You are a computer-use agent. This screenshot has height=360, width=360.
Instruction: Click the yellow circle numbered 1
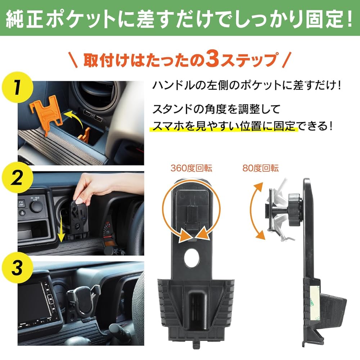click(17, 87)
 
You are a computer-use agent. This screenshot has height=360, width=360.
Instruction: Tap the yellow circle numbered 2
click(17, 177)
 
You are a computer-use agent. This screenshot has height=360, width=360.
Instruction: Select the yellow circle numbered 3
click(17, 268)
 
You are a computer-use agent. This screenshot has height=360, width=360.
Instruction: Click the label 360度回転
click(191, 168)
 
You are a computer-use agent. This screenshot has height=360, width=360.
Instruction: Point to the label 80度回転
click(260, 168)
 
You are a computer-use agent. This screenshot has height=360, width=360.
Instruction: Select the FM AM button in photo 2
click(21, 203)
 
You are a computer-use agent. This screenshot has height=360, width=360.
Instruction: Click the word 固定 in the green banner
click(322, 18)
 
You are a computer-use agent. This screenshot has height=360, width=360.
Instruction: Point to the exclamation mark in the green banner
click(348, 18)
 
